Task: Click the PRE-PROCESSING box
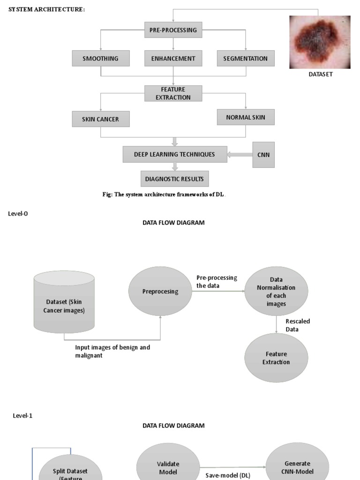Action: point(173,30)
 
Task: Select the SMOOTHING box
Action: point(101,59)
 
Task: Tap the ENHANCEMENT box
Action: point(173,59)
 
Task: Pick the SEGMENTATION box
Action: point(246,59)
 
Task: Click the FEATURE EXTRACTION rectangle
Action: point(173,93)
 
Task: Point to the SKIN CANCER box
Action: point(101,119)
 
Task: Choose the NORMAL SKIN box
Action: point(246,117)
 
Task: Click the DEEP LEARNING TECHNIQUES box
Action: point(175,154)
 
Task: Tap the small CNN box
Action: point(264,155)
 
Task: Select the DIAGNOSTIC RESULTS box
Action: point(175,179)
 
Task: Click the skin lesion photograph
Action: point(320,42)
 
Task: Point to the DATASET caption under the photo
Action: point(321,74)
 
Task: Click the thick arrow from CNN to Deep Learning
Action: point(240,155)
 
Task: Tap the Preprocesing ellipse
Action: point(160,291)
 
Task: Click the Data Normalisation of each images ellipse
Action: point(276,292)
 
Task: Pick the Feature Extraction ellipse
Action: point(276,358)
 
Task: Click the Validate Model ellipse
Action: point(168,467)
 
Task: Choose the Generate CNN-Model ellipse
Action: point(297,466)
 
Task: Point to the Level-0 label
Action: point(18,213)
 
